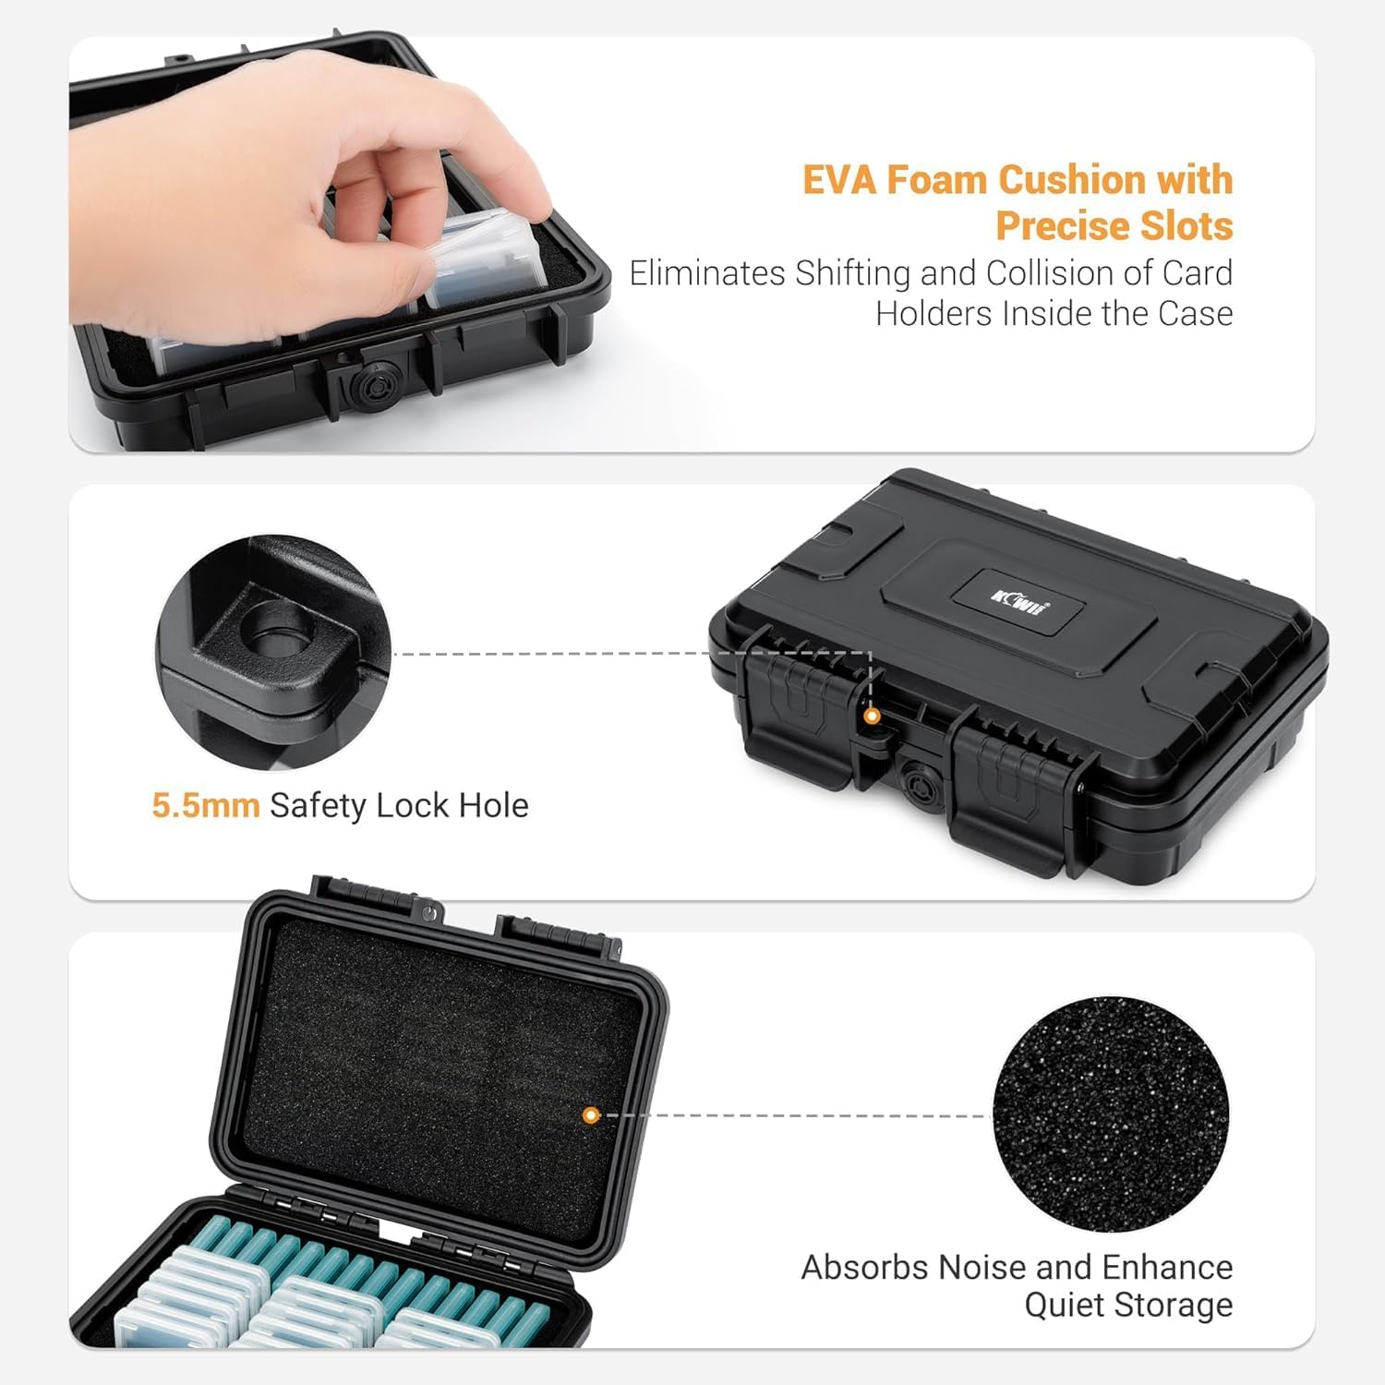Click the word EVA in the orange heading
pyautogui.click(x=840, y=180)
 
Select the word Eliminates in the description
pyautogui.click(x=707, y=273)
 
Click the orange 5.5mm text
pyautogui.click(x=206, y=806)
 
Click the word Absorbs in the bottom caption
pyautogui.click(x=864, y=1267)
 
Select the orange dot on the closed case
pyautogui.click(x=871, y=716)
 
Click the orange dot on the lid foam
pyautogui.click(x=591, y=1115)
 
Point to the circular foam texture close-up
pyautogui.click(x=1111, y=1114)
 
